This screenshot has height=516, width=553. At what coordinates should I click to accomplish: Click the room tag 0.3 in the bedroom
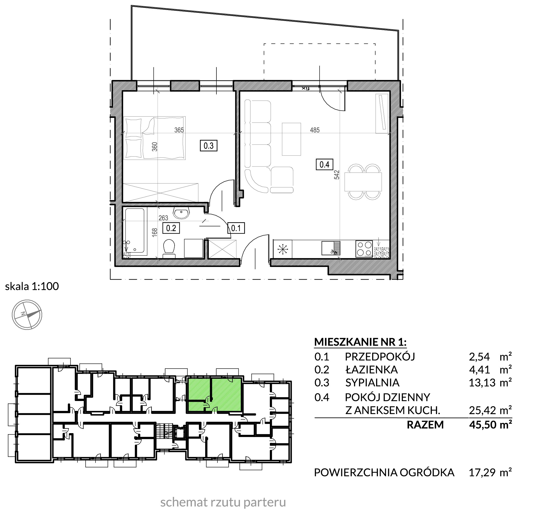[x=209, y=146]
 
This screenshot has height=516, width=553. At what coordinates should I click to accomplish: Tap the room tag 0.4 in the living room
[x=324, y=164]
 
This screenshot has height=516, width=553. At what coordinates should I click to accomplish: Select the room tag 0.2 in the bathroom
[x=171, y=228]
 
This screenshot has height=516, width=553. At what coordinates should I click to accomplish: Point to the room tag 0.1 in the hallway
[x=236, y=228]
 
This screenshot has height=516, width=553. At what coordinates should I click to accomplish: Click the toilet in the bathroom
[x=169, y=249]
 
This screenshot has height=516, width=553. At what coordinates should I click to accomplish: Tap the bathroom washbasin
[x=181, y=213]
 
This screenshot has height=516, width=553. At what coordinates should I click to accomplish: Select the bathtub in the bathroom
[x=135, y=231]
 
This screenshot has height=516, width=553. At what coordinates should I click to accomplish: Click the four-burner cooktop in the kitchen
[x=364, y=249]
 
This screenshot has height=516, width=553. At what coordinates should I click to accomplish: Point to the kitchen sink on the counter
[x=331, y=248]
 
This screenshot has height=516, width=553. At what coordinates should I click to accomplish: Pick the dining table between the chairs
[x=363, y=182]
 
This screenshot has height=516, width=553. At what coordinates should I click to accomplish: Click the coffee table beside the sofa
[x=291, y=139]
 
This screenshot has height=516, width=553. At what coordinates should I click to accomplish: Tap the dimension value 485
[x=315, y=130]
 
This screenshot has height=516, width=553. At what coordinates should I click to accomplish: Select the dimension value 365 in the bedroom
[x=179, y=130]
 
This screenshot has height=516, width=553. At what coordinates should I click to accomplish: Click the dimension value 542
[x=337, y=175]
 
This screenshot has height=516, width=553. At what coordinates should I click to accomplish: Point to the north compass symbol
[x=27, y=315]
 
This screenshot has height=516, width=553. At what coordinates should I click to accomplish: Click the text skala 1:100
[x=32, y=286]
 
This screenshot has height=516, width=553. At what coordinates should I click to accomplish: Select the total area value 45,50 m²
[x=490, y=425]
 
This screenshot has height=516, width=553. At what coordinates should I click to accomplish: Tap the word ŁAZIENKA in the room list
[x=371, y=370]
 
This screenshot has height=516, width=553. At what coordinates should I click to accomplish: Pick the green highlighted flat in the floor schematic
[x=214, y=394]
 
